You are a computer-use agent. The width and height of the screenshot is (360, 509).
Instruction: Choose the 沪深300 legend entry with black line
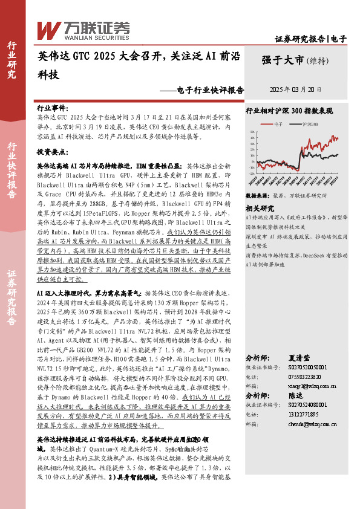[x=309, y=123]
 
